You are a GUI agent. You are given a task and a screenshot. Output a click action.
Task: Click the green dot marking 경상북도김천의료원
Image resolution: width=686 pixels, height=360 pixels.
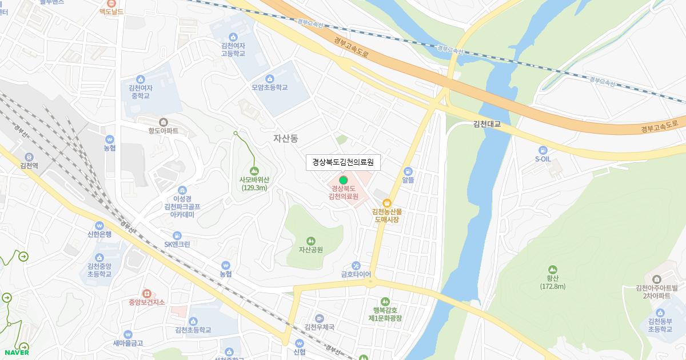(x=343, y=180)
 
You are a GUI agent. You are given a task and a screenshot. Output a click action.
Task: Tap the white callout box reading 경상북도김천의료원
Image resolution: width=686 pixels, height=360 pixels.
(x=343, y=162)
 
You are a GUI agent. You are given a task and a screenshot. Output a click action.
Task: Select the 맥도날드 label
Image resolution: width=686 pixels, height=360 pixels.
(x=111, y=11)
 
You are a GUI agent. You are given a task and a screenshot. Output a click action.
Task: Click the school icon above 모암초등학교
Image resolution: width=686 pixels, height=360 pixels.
(x=270, y=78)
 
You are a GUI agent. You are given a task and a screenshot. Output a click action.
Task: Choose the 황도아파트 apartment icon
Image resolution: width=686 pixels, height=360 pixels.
(x=163, y=122)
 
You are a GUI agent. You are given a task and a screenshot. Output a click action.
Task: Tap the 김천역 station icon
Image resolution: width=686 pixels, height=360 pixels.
(x=29, y=157)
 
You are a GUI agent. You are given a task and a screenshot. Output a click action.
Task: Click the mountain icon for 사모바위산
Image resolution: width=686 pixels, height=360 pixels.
(x=254, y=170)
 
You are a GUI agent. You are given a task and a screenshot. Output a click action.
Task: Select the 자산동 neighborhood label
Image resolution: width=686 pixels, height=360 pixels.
(x=286, y=138)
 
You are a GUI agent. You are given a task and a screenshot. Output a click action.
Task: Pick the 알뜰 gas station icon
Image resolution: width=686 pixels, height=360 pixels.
(x=408, y=171)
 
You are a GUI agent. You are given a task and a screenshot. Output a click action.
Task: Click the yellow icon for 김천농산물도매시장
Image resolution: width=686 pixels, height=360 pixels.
(x=386, y=202)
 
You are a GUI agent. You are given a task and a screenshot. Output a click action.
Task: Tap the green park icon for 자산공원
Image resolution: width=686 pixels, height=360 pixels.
(x=310, y=241)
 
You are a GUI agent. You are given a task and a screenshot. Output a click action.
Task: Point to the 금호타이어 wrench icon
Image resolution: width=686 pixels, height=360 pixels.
(x=356, y=265)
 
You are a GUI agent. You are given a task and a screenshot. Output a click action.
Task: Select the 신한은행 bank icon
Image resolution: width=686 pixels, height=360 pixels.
(x=99, y=225)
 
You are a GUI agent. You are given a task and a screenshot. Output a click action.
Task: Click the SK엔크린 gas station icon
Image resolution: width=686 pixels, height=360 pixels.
(x=177, y=235)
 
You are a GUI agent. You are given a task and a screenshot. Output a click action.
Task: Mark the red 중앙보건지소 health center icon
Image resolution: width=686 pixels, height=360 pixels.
(x=146, y=293)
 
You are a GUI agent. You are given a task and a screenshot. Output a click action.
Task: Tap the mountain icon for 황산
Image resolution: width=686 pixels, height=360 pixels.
(x=552, y=270)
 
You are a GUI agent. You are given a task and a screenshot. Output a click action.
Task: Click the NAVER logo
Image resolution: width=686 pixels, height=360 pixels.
(x=15, y=353)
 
